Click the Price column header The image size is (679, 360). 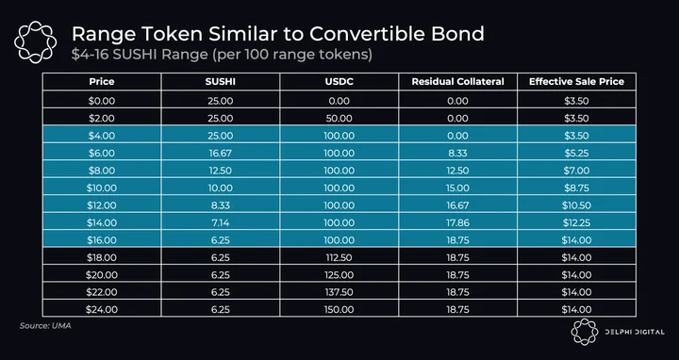[x=102, y=81]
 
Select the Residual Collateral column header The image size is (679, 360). [x=457, y=81]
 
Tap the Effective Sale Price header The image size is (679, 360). [x=576, y=81]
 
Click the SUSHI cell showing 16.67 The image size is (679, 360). [x=221, y=154]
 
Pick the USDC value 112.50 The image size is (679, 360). [x=339, y=257]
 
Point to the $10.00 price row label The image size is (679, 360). [x=102, y=188]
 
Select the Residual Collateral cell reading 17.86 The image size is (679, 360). [x=457, y=222]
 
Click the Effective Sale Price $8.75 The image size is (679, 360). [x=576, y=188]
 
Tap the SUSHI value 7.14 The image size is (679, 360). [x=221, y=222]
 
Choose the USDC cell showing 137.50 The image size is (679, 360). [x=339, y=292]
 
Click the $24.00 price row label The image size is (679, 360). [x=102, y=309]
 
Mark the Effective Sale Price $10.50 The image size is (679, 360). [x=576, y=205]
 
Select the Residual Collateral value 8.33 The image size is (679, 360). [x=457, y=154]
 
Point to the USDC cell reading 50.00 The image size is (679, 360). [x=339, y=118]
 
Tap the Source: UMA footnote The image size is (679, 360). [x=45, y=325]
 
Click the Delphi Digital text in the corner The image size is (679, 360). [x=635, y=332]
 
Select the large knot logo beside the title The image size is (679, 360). [x=35, y=42]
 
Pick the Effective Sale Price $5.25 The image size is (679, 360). [x=576, y=154]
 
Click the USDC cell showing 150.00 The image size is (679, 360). [x=339, y=309]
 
